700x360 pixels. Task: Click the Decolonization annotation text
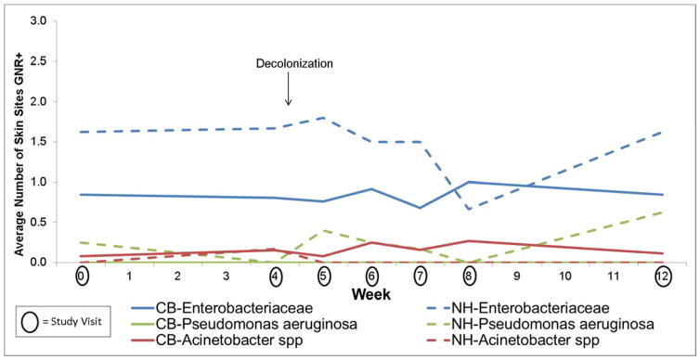(x=294, y=64)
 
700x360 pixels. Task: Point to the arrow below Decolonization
(x=289, y=90)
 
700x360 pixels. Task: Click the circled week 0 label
(x=82, y=277)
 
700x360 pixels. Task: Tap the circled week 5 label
(x=323, y=277)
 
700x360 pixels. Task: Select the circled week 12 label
(x=660, y=277)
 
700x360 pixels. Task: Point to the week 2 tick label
(x=178, y=277)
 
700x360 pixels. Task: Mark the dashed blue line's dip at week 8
(x=468, y=209)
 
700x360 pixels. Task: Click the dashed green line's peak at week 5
(x=323, y=230)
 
